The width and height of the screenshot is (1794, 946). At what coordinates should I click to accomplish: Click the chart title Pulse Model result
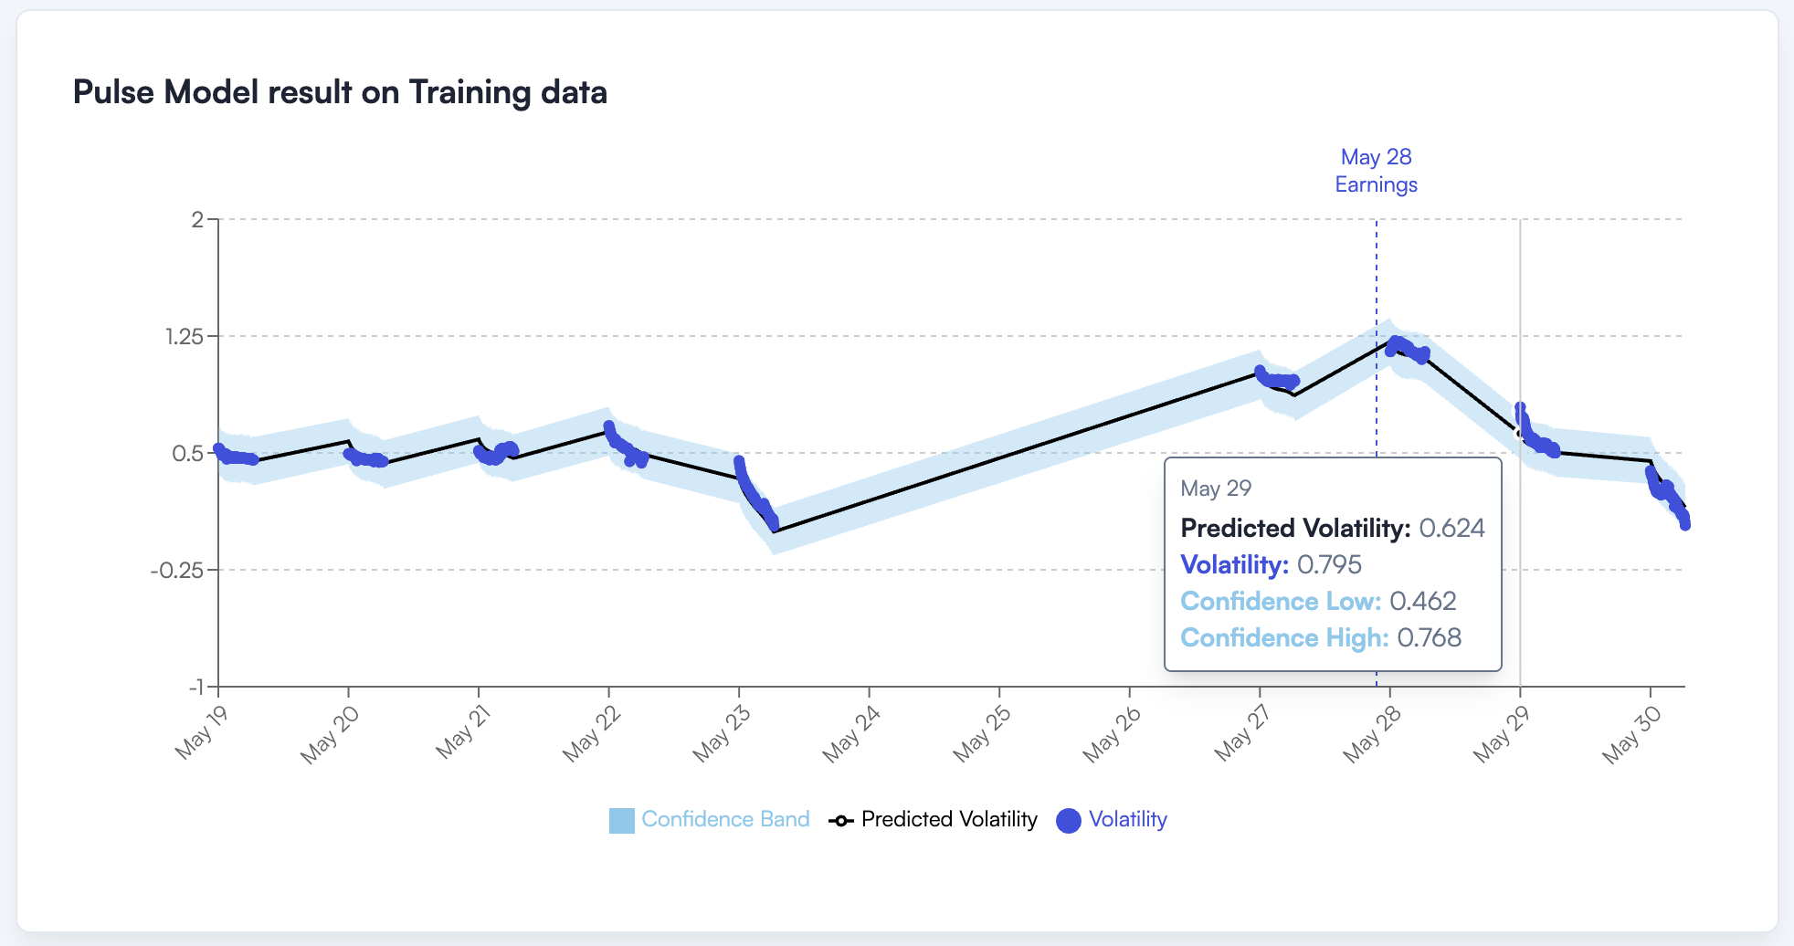click(340, 92)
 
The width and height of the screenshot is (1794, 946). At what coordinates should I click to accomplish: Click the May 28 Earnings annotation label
click(1376, 171)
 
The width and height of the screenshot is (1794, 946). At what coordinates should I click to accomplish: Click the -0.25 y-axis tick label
click(184, 570)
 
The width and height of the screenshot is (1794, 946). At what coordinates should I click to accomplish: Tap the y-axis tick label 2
click(197, 219)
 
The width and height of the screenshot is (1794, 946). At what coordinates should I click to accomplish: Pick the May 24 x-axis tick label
click(850, 734)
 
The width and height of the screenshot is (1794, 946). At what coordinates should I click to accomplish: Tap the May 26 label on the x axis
click(1111, 734)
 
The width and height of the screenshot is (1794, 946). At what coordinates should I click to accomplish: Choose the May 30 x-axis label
click(1631, 734)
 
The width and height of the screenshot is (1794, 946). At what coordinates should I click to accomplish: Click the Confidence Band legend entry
click(711, 819)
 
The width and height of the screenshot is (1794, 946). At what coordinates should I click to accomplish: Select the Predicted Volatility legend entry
click(934, 819)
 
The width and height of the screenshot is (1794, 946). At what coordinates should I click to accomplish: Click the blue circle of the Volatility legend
click(1069, 821)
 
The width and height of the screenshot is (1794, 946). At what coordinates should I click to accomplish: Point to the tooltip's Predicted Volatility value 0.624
click(1451, 528)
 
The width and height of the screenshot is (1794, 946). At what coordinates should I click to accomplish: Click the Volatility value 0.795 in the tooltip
click(1329, 564)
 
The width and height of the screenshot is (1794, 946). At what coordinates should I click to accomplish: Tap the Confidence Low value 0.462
click(1422, 601)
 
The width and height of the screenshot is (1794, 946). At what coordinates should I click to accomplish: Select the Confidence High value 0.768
click(1429, 637)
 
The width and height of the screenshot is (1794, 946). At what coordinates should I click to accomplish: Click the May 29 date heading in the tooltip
click(1216, 489)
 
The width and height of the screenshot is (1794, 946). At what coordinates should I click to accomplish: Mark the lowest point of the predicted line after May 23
click(775, 531)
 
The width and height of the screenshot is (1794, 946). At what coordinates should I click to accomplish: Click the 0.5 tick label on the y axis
click(188, 453)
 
